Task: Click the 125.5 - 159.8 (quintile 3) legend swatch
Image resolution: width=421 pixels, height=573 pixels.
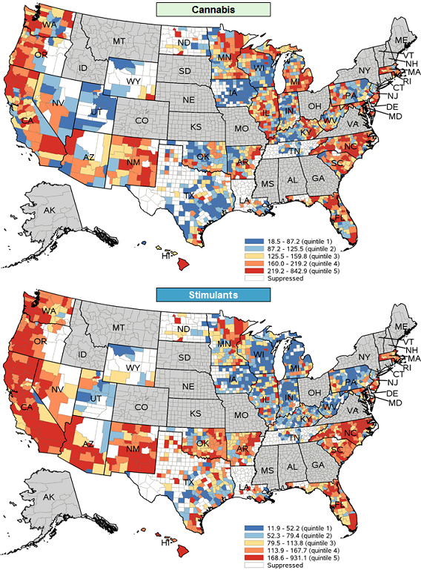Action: pyautogui.click(x=250, y=256)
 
